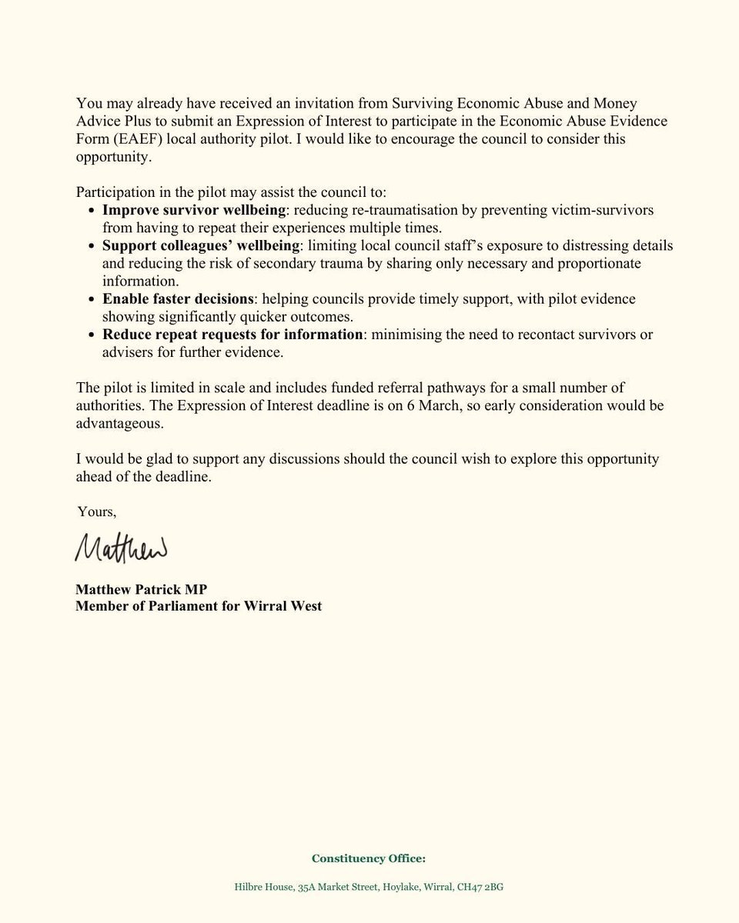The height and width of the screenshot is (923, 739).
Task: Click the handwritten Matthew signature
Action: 121,547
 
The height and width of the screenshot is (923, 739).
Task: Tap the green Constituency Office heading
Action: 369,858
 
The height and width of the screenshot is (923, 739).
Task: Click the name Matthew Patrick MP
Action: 142,590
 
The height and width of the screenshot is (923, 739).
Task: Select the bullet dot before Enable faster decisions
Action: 93,299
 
